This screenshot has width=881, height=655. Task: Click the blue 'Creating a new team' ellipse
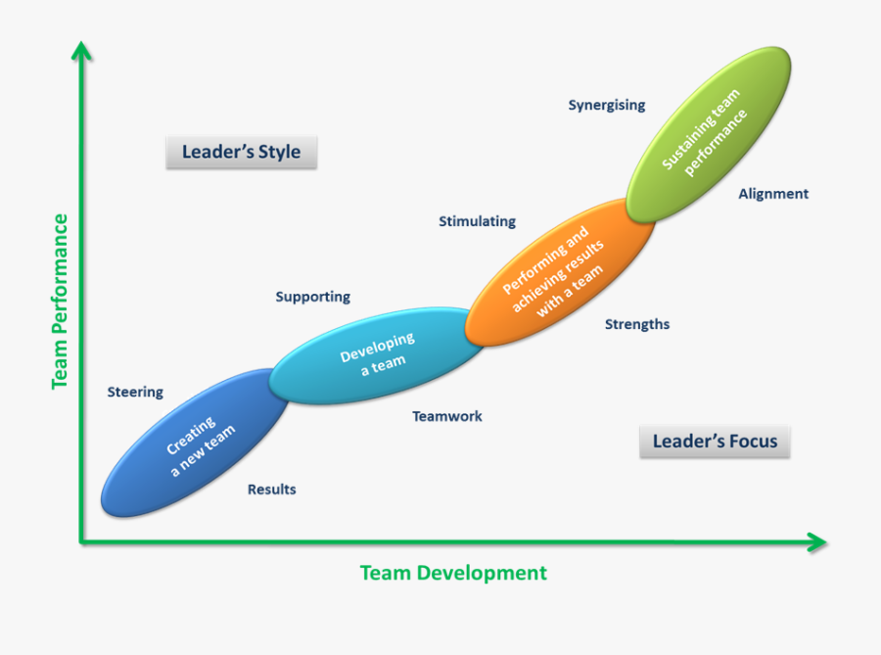click(196, 444)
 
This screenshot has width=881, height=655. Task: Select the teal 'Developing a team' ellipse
click(376, 354)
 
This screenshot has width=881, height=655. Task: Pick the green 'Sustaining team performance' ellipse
click(708, 135)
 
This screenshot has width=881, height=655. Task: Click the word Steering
click(135, 393)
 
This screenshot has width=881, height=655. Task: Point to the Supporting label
click(312, 297)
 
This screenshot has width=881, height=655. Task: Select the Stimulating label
click(477, 221)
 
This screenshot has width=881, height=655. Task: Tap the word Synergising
click(607, 105)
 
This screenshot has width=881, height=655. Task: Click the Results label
click(271, 490)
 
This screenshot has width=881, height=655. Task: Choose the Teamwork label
click(446, 416)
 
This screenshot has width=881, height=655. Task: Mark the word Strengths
click(637, 324)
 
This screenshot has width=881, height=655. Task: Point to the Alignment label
click(773, 194)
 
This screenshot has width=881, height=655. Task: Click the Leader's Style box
click(241, 153)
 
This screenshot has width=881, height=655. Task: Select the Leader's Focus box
click(715, 442)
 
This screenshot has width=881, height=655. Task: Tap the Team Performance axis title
click(61, 301)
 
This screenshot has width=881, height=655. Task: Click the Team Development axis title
click(453, 573)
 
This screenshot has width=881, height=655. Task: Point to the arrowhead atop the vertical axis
click(83, 49)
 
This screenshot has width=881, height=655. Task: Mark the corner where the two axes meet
click(83, 541)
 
